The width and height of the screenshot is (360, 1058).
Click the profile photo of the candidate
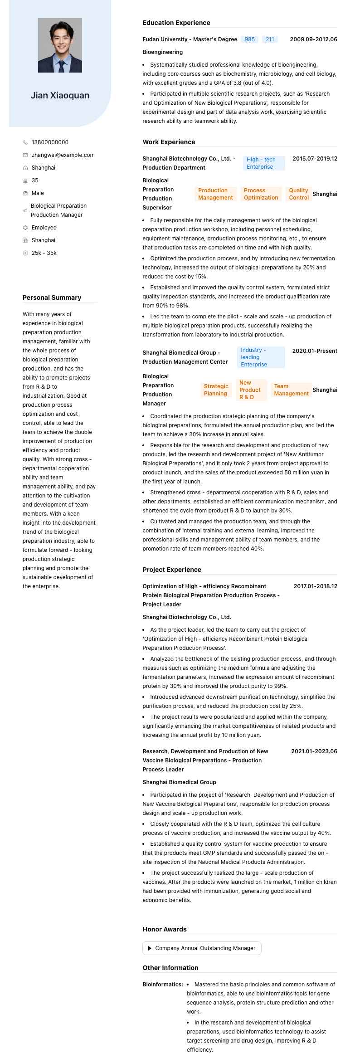pyautogui.click(x=60, y=45)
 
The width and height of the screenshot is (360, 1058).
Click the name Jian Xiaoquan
pyautogui.click(x=60, y=95)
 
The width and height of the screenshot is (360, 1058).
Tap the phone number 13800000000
pyautogui.click(x=50, y=142)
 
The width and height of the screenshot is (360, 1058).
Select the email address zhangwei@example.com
pyautogui.click(x=63, y=155)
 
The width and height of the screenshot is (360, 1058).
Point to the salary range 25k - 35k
pyautogui.click(x=44, y=253)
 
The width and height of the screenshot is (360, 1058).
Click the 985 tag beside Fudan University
pyautogui.click(x=249, y=39)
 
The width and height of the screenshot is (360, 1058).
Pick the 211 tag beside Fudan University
pyautogui.click(x=270, y=39)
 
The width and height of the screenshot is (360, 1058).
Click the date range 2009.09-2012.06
pyautogui.click(x=313, y=39)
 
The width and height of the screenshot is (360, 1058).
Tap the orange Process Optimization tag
pyautogui.click(x=261, y=194)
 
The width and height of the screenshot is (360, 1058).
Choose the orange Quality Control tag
pyautogui.click(x=298, y=194)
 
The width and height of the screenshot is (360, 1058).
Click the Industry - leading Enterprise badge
pyautogui.click(x=261, y=357)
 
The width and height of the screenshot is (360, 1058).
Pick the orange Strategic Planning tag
pyautogui.click(x=216, y=390)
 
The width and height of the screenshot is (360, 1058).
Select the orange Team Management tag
pyautogui.click(x=291, y=390)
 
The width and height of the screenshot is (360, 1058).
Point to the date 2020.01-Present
pyautogui.click(x=315, y=351)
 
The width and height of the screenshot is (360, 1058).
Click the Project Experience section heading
pyautogui.click(x=172, y=570)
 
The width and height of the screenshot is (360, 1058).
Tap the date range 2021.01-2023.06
pyautogui.click(x=314, y=751)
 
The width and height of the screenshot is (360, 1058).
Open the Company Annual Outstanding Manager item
pyautogui.click(x=202, y=948)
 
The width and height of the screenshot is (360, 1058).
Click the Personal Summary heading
pyautogui.click(x=52, y=297)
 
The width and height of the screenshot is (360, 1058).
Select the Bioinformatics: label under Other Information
pyautogui.click(x=163, y=985)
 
